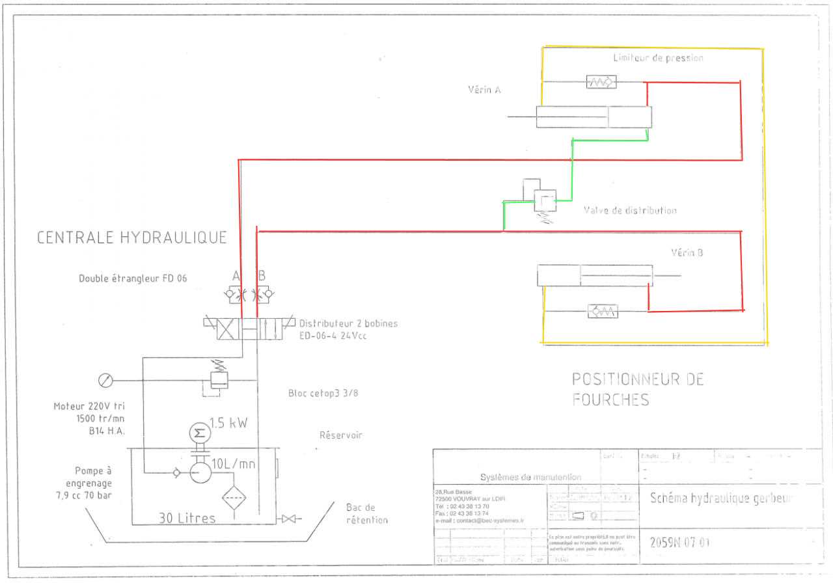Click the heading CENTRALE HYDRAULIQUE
tap(131, 237)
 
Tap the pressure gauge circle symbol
tap(104, 380)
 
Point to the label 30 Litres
tap(187, 518)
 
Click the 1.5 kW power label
tap(228, 423)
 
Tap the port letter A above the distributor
tap(236, 275)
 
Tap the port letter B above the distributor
tap(262, 275)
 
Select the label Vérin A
tap(484, 90)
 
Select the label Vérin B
tap(687, 252)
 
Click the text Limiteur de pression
tap(658, 58)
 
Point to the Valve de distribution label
tap(630, 210)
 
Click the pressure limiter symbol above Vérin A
tap(601, 82)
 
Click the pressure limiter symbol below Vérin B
tap(603, 311)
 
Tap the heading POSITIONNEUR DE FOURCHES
tap(638, 388)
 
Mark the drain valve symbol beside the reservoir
tap(287, 519)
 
